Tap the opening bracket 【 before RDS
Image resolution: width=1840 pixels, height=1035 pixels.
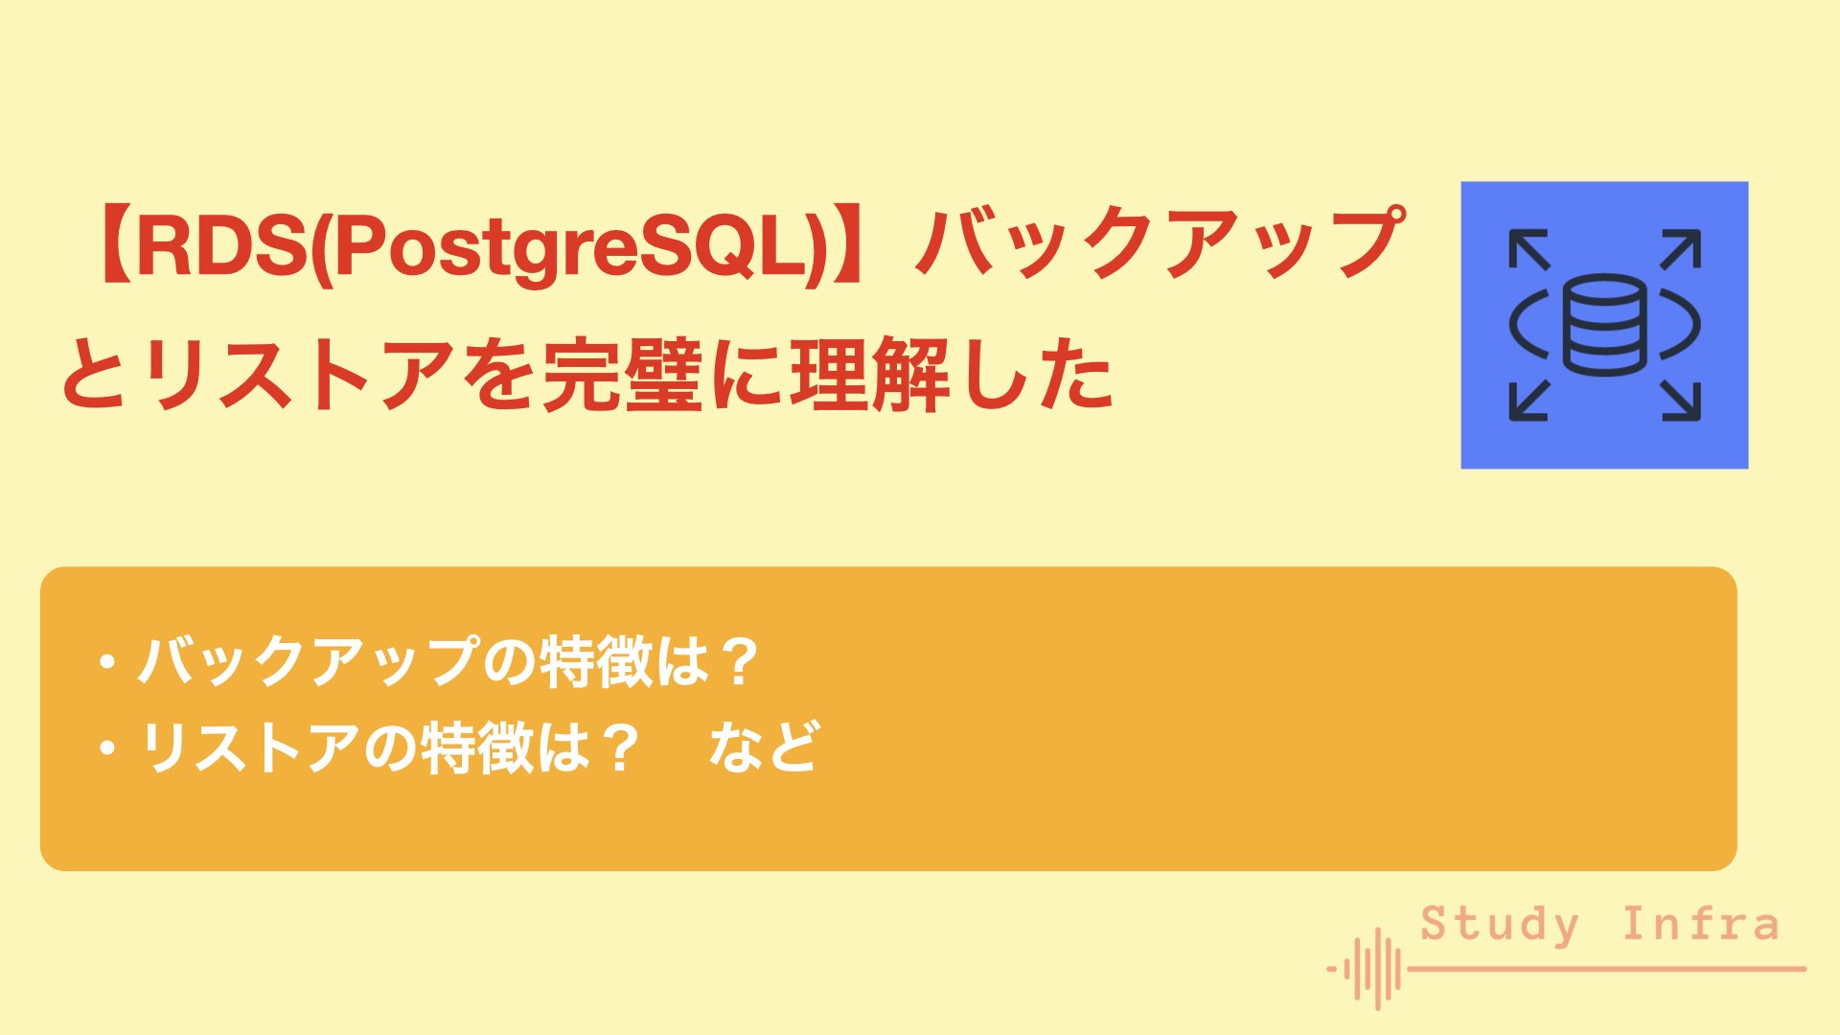tap(110, 245)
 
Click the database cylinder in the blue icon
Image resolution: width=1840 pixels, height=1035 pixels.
tap(1604, 325)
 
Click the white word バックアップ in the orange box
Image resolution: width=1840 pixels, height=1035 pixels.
tap(307, 661)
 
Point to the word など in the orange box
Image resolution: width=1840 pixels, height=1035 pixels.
tap(764, 747)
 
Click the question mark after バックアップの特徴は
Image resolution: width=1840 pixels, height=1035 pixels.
tap(739, 661)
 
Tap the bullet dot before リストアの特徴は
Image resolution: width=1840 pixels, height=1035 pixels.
tap(107, 747)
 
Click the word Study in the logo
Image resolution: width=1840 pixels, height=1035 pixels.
tap(1499, 925)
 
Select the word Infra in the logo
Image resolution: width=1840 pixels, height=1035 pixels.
tap(1700, 925)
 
